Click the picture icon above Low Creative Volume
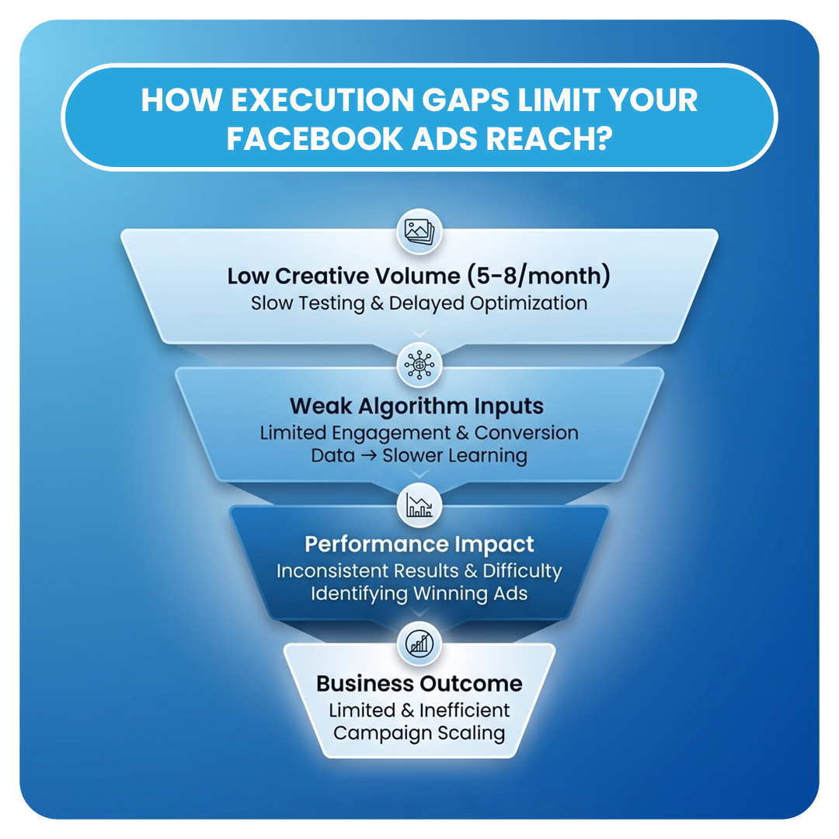pyautogui.click(x=419, y=231)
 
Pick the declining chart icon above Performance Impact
pyautogui.click(x=419, y=506)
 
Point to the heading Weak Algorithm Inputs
pyautogui.click(x=416, y=406)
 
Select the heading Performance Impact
pyautogui.click(x=419, y=544)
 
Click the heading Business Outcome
pyautogui.click(x=419, y=684)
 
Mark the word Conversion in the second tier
pyautogui.click(x=527, y=433)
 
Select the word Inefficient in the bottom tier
pyautogui.click(x=465, y=710)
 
